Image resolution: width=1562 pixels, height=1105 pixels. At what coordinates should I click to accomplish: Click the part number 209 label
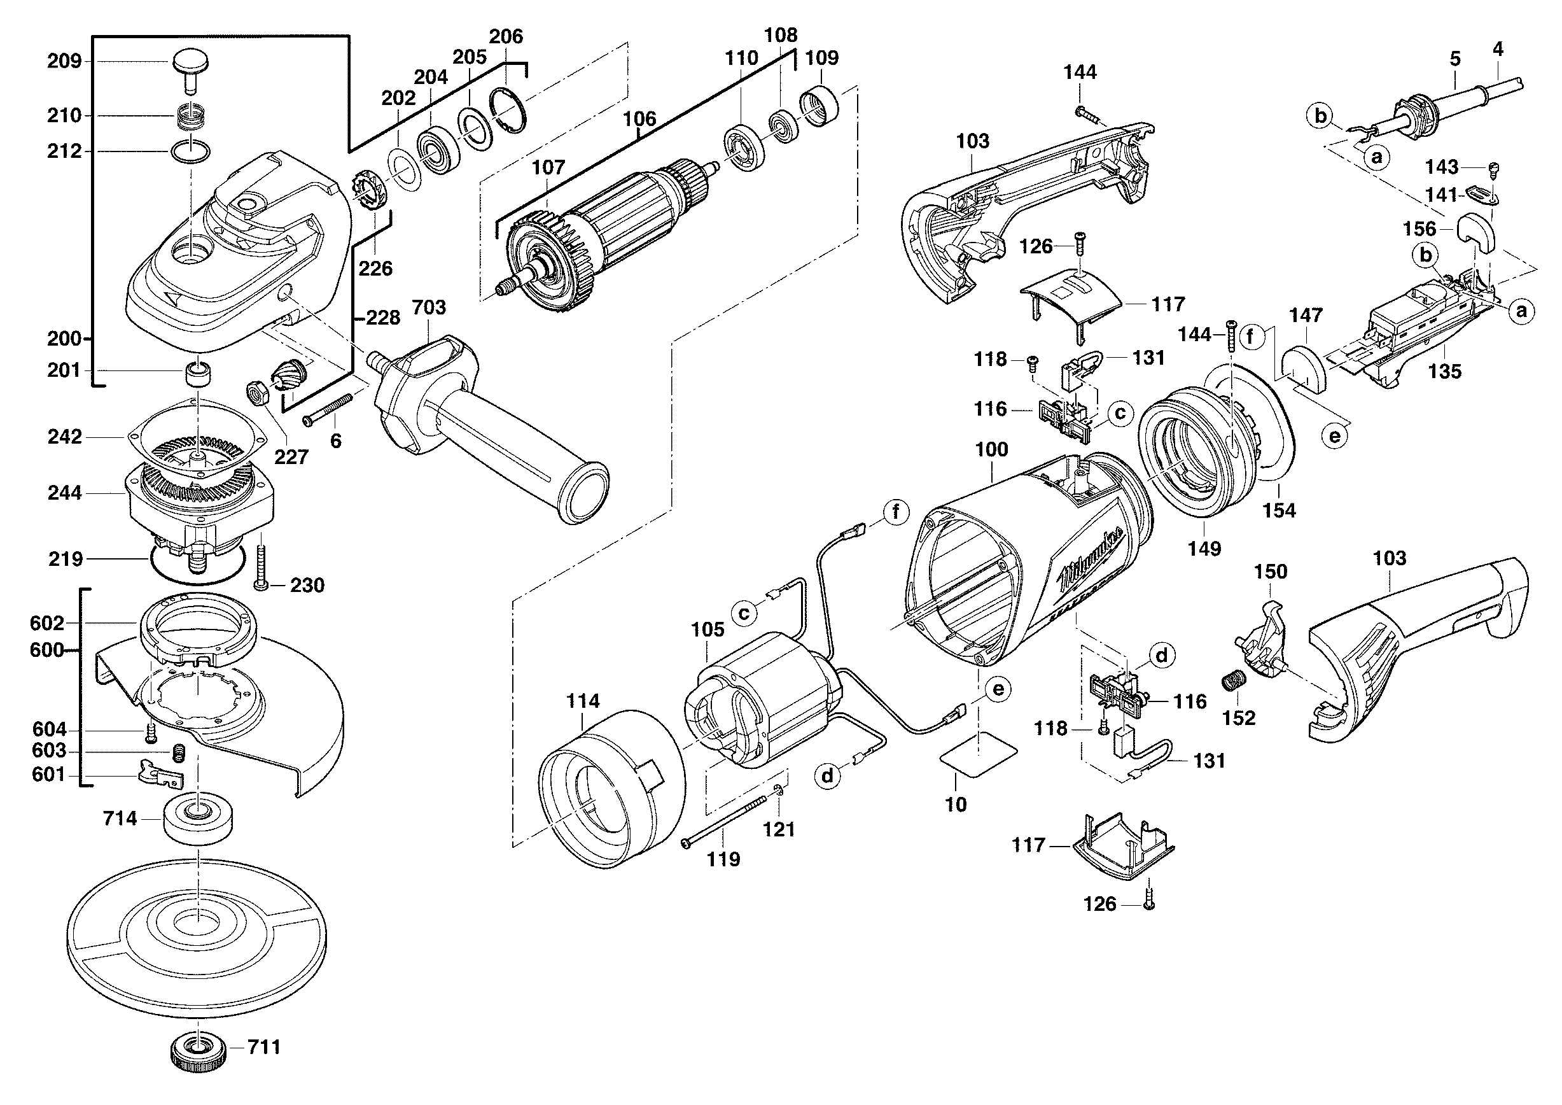click(x=64, y=61)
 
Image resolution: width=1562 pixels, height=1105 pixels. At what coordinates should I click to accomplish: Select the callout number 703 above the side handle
click(x=429, y=307)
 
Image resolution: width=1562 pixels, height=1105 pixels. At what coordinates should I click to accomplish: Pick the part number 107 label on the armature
click(x=548, y=167)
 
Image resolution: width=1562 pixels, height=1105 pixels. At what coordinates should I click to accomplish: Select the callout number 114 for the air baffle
click(x=583, y=701)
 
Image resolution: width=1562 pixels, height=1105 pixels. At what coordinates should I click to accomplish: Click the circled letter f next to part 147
click(x=1251, y=336)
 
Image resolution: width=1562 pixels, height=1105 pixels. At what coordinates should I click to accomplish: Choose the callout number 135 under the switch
click(x=1444, y=372)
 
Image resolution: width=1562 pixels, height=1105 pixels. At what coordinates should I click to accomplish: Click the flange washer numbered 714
click(x=198, y=819)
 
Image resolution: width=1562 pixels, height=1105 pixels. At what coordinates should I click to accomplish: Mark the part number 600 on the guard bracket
click(x=46, y=650)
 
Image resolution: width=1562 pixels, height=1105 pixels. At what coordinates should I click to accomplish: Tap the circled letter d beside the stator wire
click(x=827, y=777)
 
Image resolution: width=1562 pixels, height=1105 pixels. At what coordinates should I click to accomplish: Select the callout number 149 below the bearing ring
click(x=1204, y=549)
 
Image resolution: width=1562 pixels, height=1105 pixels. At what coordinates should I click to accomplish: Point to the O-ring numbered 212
click(x=194, y=151)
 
